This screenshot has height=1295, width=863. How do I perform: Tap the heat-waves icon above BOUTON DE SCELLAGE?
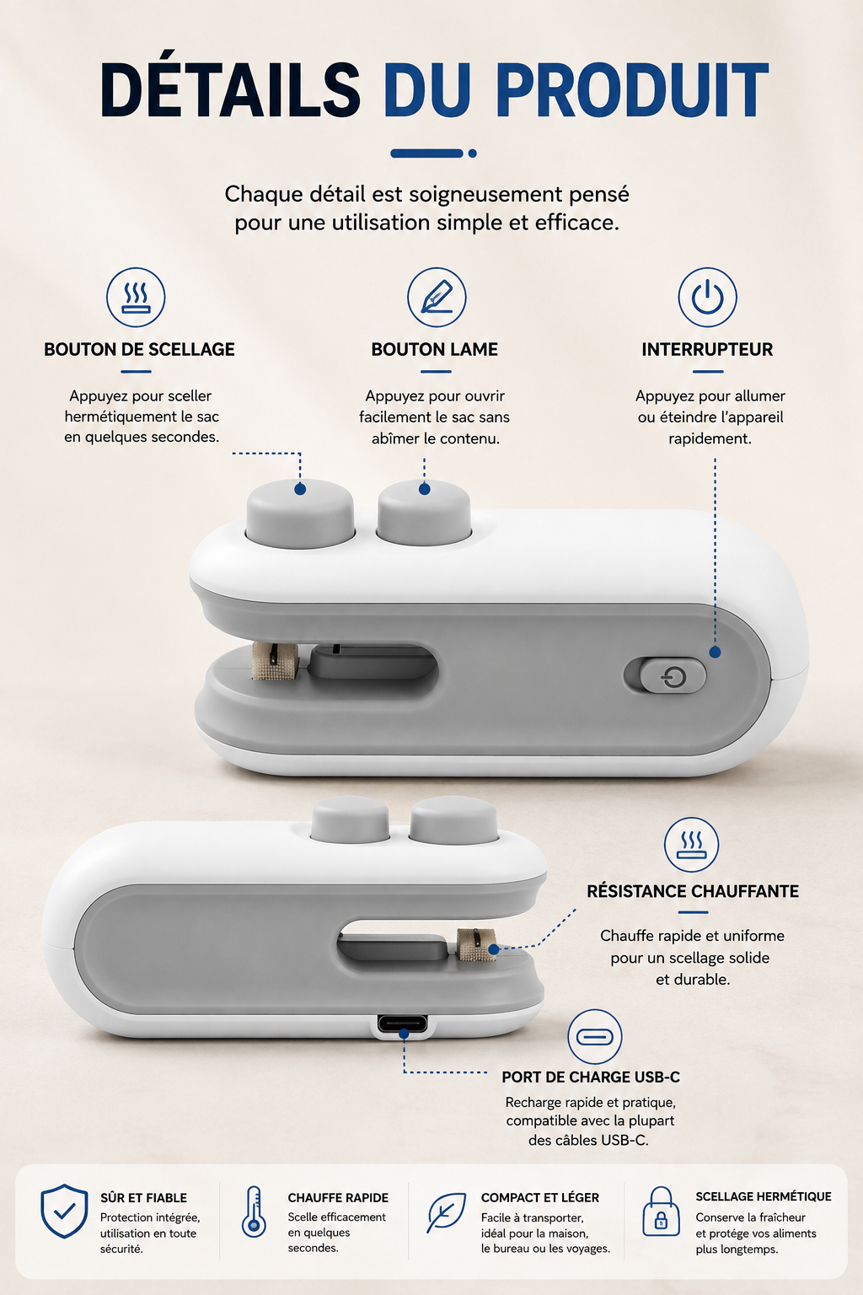coord(136,297)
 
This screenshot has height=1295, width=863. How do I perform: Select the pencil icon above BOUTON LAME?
coord(437,297)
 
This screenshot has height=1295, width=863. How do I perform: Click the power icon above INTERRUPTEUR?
coord(708,297)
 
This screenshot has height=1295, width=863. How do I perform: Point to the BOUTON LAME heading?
coord(435,349)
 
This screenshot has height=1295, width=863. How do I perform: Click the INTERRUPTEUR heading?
coord(708,349)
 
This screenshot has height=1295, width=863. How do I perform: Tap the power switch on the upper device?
coord(665,674)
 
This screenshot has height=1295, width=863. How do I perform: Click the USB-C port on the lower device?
coord(403,1024)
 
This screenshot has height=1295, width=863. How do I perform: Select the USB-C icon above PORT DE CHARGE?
coord(595,1037)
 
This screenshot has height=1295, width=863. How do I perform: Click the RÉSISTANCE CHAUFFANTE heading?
coord(693,891)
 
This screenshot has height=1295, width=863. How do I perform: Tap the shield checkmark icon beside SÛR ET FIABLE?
coord(64,1212)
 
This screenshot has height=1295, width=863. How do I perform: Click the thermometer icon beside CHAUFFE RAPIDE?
coord(254,1212)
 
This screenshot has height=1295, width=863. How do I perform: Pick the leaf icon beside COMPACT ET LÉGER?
coord(446,1212)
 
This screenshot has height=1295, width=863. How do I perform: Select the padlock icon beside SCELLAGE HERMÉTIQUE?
coord(662,1212)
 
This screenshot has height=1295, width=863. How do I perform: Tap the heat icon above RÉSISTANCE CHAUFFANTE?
coord(691,845)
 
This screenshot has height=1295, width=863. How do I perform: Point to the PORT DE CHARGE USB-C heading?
coord(591,1077)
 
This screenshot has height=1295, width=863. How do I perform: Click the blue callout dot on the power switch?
coord(715,652)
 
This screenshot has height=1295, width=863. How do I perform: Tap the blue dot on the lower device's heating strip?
coord(493,948)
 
